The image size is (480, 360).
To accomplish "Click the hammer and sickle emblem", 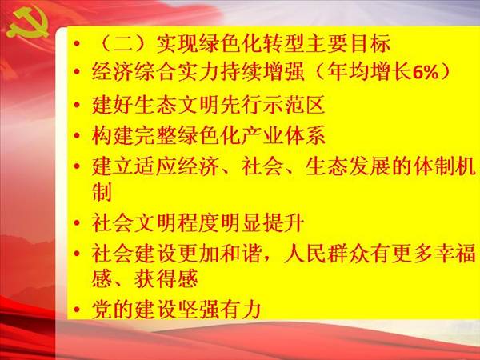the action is pos(28,23).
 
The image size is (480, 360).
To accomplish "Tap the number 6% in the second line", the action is pos(426,73).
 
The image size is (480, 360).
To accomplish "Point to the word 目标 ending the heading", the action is pos(370,43).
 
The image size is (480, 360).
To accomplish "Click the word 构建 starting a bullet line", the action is pos(112,136).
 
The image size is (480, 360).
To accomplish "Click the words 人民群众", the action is pos(326,254).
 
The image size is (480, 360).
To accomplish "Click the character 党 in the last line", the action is pos(102,310).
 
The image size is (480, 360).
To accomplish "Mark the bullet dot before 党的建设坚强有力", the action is pos(77,310).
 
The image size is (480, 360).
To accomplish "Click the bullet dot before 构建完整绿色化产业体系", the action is pos(77,136).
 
